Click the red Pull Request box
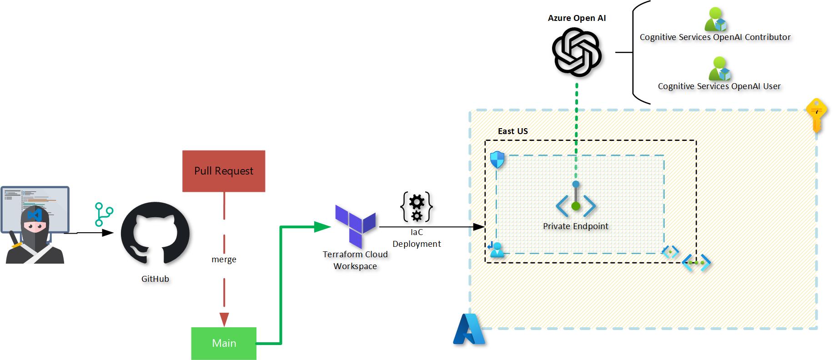(223, 171)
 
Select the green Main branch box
(224, 343)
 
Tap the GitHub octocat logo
(155, 234)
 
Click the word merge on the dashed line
(224, 260)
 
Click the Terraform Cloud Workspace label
(355, 260)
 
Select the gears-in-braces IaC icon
(416, 207)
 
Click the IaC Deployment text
(417, 238)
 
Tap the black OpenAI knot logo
(577, 52)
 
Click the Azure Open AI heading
(577, 18)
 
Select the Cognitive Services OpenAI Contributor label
(715, 37)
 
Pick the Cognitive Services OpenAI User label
(719, 86)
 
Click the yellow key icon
(816, 115)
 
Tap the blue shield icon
(497, 160)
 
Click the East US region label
(512, 131)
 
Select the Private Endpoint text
(575, 226)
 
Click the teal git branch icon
(103, 215)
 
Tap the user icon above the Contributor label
(716, 20)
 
